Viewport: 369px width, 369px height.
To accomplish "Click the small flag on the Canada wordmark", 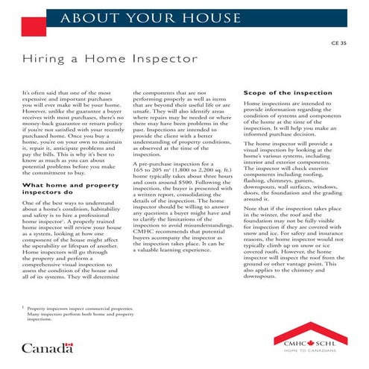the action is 69,344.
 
